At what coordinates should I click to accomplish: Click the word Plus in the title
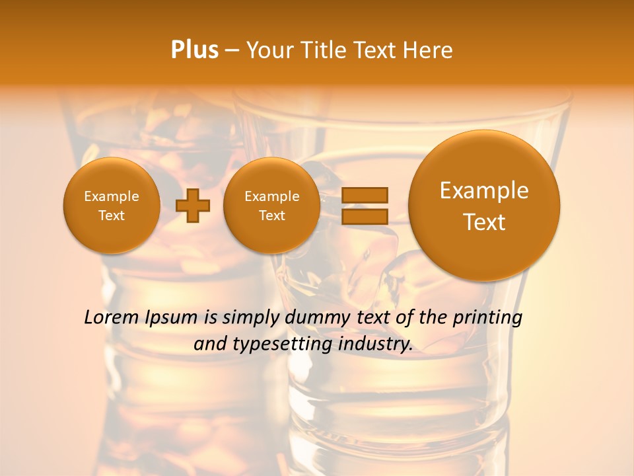pos(194,50)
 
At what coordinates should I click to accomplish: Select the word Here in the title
pos(427,50)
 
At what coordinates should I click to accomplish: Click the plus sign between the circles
pos(193,206)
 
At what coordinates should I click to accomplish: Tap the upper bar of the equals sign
pos(365,195)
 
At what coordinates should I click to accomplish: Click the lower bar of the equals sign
pos(365,216)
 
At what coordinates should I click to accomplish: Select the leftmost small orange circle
pos(112,206)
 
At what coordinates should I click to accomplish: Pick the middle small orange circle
pos(272,206)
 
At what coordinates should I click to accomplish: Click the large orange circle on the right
pos(484,206)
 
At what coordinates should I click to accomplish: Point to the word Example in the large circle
pos(484,190)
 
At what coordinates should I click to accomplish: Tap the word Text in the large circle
pos(484,222)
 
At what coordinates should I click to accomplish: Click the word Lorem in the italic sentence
pos(110,317)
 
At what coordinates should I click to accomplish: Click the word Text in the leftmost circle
pos(112,216)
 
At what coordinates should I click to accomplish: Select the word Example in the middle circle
pos(272,196)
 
